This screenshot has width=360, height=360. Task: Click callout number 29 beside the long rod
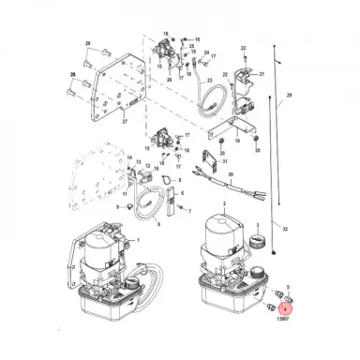[289, 97]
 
